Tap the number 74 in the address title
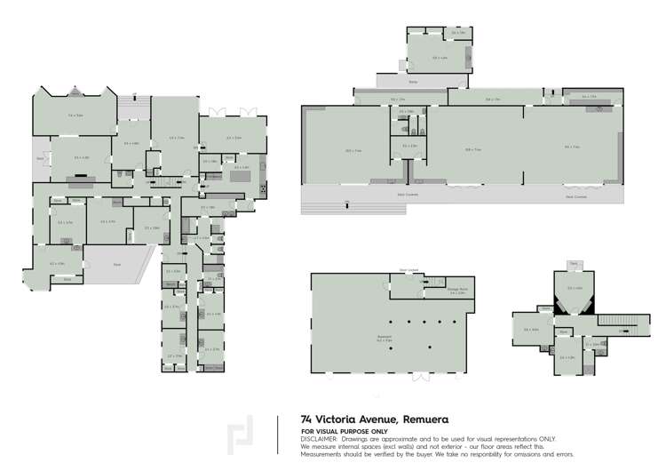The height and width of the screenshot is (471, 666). point(307,418)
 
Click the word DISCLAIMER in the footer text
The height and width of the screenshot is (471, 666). point(319,438)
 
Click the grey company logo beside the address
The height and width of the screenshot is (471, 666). point(238,436)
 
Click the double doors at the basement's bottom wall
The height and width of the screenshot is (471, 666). point(415,373)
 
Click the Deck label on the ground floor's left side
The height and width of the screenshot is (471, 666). point(40,158)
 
